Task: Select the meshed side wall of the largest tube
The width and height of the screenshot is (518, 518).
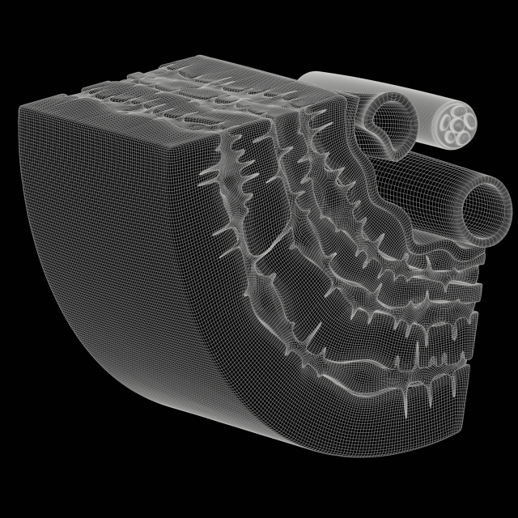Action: point(421,186)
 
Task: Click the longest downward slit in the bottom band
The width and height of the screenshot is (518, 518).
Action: point(405,401)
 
